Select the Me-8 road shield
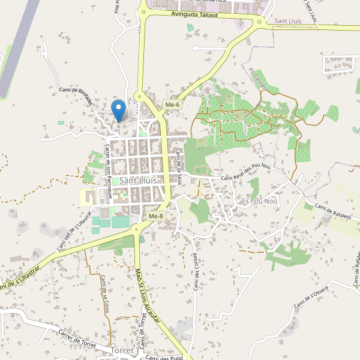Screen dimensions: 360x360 click(155, 216)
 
